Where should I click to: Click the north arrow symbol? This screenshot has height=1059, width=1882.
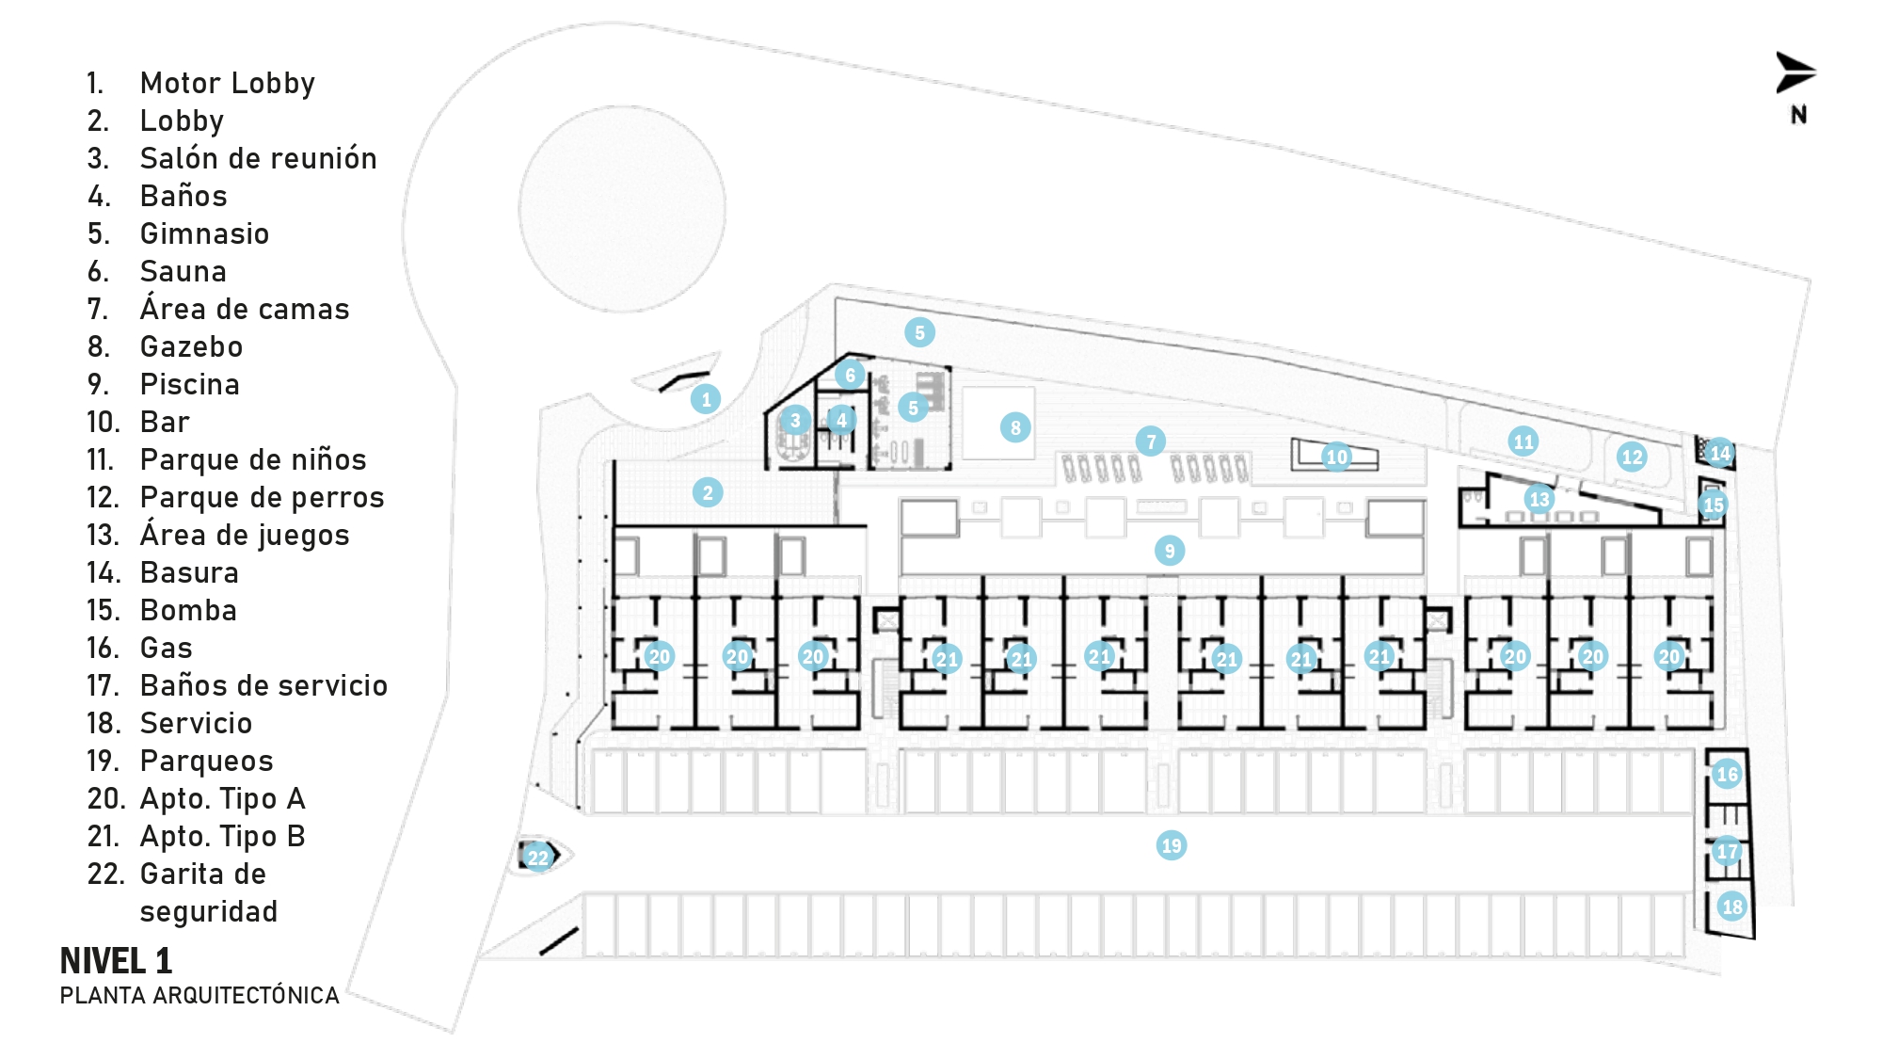[1795, 73]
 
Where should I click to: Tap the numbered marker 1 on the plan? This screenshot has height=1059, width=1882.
[706, 399]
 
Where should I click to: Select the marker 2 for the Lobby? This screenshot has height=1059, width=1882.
[708, 492]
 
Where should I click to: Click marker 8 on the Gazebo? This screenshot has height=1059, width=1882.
[1015, 428]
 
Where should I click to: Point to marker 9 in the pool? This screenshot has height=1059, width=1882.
[1170, 551]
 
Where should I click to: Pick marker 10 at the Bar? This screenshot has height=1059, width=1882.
[1337, 457]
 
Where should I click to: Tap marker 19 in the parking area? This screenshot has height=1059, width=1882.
[1172, 845]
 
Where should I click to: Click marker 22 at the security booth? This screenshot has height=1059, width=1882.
[537, 858]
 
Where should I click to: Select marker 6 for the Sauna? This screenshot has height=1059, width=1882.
[850, 375]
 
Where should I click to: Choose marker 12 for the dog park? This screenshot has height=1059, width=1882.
[1632, 457]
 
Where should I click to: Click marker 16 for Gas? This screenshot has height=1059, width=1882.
[1727, 775]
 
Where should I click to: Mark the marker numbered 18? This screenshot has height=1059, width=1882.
[1732, 907]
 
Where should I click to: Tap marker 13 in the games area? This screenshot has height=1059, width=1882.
[1539, 499]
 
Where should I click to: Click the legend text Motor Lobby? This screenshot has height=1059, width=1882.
[227, 84]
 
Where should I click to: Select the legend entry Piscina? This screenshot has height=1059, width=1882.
[189, 385]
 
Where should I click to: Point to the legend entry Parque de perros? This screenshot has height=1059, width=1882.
[262, 498]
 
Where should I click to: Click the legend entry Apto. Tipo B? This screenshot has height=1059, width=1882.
[222, 837]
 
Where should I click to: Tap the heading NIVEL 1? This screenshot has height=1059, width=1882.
[116, 961]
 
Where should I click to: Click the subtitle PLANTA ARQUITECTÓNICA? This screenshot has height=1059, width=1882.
[199, 996]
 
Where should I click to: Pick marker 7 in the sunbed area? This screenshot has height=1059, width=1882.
[1151, 441]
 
